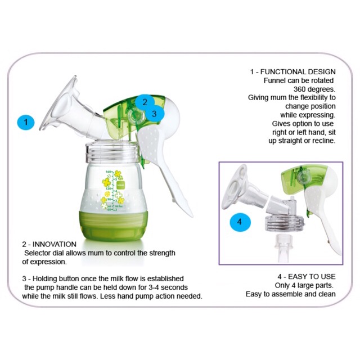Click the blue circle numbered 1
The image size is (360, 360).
pos(26,121)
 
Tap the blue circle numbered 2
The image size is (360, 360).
pos(144,102)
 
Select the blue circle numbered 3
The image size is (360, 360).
pos(154,114)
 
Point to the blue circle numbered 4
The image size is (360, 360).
pos(240,222)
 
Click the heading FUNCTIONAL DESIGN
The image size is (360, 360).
pos(298,72)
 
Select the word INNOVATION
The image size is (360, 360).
pos(55,244)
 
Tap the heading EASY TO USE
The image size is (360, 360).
pos(312,276)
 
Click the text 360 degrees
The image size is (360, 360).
pos(314,89)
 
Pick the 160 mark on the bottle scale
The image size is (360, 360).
pos(108,172)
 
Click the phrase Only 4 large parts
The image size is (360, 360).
pos(304,285)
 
